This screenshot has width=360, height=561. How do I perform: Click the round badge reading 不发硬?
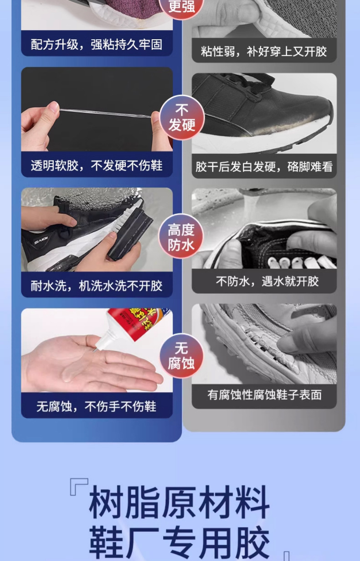click(x=181, y=118)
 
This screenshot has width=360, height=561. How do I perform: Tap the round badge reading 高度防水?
click(x=181, y=237)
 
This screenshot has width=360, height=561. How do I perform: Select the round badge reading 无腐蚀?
click(x=181, y=356)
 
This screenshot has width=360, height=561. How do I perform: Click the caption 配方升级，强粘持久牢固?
click(x=97, y=45)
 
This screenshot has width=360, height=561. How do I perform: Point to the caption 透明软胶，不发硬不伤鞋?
click(x=97, y=166)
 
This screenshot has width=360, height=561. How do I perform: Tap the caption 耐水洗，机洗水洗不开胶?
click(x=97, y=286)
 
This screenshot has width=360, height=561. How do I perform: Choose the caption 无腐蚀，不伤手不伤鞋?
click(x=97, y=406)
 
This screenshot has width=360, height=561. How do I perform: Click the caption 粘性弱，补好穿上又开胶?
click(x=264, y=51)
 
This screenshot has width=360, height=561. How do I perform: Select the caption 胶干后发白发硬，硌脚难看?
click(x=264, y=166)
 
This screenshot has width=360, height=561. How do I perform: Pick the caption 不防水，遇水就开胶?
click(x=264, y=281)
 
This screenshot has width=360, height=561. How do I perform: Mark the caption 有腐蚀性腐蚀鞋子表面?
click(x=264, y=395)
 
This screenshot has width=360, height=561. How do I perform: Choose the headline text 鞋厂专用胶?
click(x=179, y=543)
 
